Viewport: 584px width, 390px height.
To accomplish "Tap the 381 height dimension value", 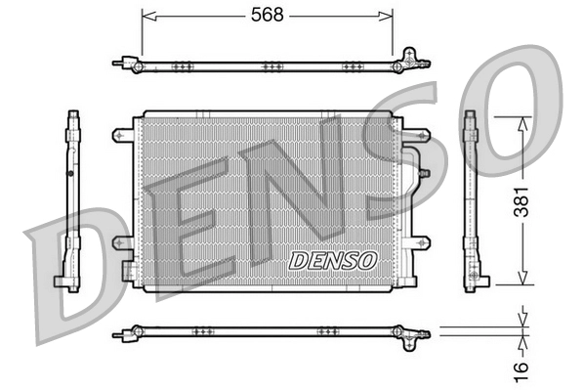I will point(525,200).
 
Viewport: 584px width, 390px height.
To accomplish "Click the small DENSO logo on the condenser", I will point(333,260).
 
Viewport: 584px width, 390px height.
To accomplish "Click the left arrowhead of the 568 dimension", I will point(146,15).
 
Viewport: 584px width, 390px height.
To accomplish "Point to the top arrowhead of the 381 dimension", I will point(525,120).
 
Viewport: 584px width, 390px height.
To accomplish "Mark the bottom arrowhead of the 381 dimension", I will point(525,281).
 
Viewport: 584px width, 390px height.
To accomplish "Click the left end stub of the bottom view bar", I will point(119,334).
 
